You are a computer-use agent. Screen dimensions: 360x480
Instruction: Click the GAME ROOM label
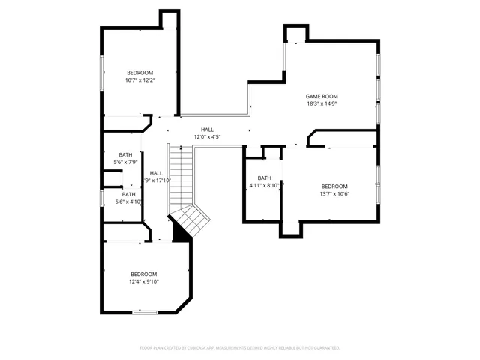pyautogui.click(x=322, y=96)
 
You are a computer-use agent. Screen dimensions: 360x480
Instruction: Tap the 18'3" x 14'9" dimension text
pyautogui.click(x=322, y=104)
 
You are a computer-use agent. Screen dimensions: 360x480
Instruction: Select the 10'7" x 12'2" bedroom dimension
pyautogui.click(x=139, y=80)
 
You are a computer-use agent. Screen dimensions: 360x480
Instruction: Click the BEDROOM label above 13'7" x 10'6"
pyautogui.click(x=334, y=186)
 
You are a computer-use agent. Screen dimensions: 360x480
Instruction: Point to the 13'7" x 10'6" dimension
pyautogui.click(x=334, y=194)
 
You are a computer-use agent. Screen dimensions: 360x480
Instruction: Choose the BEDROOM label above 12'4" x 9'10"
pyautogui.click(x=143, y=274)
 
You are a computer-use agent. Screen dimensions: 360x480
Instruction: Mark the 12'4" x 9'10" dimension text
pyautogui.click(x=143, y=282)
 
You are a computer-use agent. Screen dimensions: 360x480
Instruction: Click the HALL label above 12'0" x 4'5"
pyautogui.click(x=207, y=130)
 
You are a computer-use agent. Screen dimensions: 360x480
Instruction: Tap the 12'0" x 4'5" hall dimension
pyautogui.click(x=207, y=137)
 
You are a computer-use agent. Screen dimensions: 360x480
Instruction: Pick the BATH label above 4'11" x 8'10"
pyautogui.click(x=264, y=178)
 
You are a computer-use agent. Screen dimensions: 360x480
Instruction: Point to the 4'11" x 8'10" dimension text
pyautogui.click(x=264, y=186)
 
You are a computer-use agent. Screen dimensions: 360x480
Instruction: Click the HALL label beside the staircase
pyautogui.click(x=156, y=173)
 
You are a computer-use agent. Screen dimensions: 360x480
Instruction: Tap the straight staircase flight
pyautogui.click(x=180, y=176)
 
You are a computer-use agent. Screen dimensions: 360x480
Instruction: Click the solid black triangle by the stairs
pyautogui.click(x=179, y=233)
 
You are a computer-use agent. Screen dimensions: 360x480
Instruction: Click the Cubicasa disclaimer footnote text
pyautogui.click(x=240, y=347)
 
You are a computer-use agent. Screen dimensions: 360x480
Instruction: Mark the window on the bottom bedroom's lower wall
pyautogui.click(x=143, y=312)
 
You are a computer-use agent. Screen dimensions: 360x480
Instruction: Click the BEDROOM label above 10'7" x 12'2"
pyautogui.click(x=139, y=72)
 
